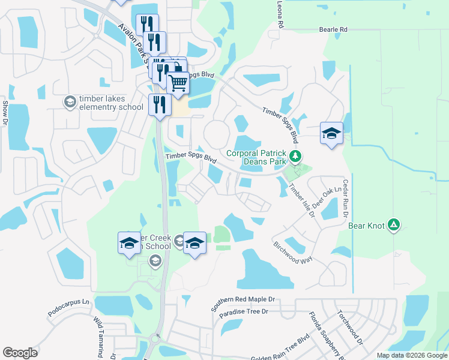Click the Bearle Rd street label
[333, 29]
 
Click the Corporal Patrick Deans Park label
[256, 157]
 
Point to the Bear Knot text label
[366, 226]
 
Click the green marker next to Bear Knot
[393, 225]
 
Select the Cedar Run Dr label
[346, 198]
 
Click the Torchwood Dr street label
[350, 326]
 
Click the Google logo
[20, 353]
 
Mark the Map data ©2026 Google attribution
[411, 355]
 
